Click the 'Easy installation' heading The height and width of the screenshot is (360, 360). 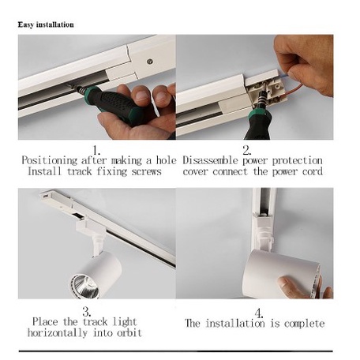pyautogui.click(x=46, y=24)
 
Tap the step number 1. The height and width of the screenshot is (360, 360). pyautogui.click(x=96, y=151)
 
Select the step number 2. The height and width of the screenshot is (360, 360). pyautogui.click(x=247, y=151)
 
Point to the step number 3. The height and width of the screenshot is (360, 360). pyautogui.click(x=87, y=312)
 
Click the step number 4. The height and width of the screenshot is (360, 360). pyautogui.click(x=259, y=313)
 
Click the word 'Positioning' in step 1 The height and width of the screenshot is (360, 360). pyautogui.click(x=50, y=160)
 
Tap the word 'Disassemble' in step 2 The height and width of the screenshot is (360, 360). pyautogui.click(x=210, y=160)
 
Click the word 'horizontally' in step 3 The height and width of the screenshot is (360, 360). pyautogui.click(x=58, y=332)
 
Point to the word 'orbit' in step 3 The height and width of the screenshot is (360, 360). pyautogui.click(x=129, y=332)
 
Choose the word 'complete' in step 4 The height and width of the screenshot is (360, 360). pyautogui.click(x=305, y=324)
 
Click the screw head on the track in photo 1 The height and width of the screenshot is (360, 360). pyautogui.click(x=150, y=62)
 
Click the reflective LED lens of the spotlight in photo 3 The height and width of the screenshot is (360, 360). pyautogui.click(x=84, y=287)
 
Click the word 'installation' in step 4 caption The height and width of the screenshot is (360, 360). pyautogui.click(x=235, y=323)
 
